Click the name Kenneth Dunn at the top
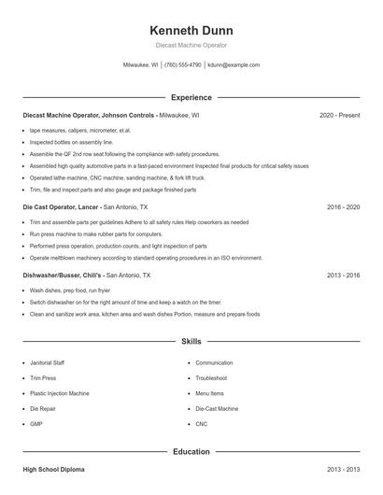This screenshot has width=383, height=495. [x=191, y=30]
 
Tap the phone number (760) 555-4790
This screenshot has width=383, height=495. [x=184, y=65]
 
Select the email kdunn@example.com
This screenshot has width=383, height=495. [x=234, y=65]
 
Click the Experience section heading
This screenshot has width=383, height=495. [x=191, y=97]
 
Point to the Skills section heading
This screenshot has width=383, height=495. [x=191, y=343]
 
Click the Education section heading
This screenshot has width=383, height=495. [x=191, y=452]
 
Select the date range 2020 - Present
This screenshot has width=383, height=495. [x=339, y=115]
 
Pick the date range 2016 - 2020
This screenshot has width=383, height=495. [x=343, y=206]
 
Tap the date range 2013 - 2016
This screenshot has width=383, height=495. [x=343, y=276]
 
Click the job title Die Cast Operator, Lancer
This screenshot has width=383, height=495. [x=61, y=206]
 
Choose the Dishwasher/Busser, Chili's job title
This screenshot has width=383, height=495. [x=63, y=276]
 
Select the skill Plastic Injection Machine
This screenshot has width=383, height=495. [x=61, y=393]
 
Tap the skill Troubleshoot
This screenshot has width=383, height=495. [x=211, y=377]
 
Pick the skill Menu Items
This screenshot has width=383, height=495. [x=210, y=393]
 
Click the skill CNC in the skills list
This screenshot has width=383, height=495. [x=202, y=423]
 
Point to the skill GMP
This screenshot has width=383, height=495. [x=36, y=423]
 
